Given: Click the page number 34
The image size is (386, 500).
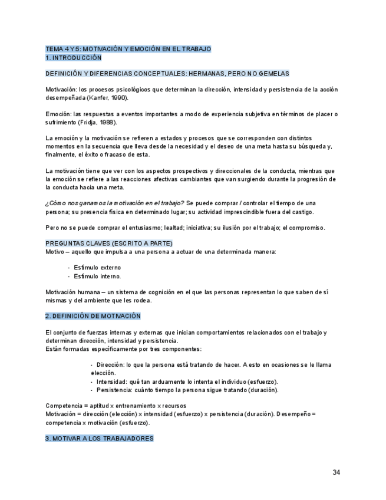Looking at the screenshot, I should tap(336, 472).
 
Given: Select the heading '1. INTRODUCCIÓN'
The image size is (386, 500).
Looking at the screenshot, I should tap(74, 58).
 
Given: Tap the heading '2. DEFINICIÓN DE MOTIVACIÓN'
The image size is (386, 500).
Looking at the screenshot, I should tap(93, 316).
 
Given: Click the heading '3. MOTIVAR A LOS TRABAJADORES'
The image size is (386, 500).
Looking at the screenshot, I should tap(100, 439).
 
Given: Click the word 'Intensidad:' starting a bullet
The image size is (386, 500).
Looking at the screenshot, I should tap(113, 381).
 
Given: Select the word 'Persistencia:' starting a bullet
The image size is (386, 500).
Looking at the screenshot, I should tap(116, 390).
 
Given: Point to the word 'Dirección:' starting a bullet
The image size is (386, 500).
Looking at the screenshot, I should tap(111, 365).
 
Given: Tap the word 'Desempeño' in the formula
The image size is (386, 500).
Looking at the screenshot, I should tap(294, 414).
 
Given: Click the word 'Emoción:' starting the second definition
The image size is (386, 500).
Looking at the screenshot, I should tap(58, 114).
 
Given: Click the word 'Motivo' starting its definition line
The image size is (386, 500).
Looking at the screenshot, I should tap(55, 252).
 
